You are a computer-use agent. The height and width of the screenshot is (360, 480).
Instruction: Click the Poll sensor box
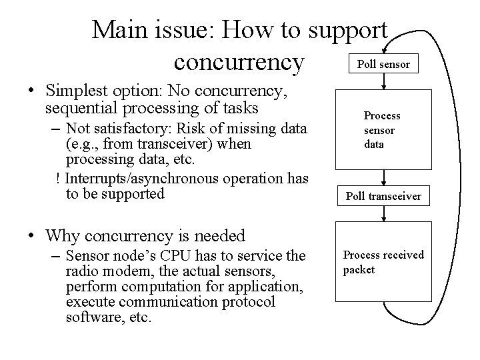pyautogui.click(x=384, y=64)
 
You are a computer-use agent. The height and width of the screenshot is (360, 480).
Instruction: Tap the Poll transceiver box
pyautogui.click(x=384, y=196)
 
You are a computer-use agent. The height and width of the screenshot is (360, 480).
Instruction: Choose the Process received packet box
pyautogui.click(x=384, y=262)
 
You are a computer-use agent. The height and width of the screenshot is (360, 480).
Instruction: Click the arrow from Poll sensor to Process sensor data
pyautogui.click(x=384, y=82)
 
